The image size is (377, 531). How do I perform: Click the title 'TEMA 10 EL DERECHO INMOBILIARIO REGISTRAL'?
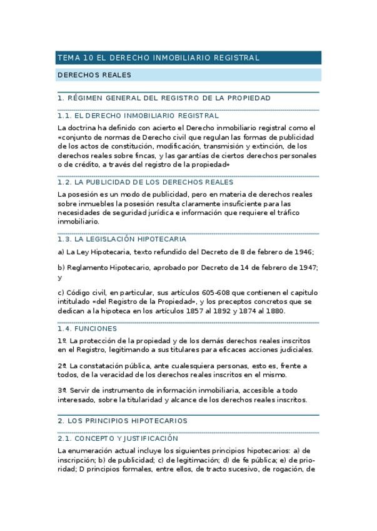pos(158,58)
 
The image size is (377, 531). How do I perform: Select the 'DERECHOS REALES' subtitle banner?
pos(94,75)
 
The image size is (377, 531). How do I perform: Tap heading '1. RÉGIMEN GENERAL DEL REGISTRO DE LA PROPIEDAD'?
pos(164,98)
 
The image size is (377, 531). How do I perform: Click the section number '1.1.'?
pos(64,116)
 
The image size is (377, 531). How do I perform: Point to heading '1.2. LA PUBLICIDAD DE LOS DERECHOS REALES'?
pos(145,182)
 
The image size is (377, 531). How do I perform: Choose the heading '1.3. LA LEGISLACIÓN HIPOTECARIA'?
pos(121,239)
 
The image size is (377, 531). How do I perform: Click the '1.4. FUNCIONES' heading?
pos(86,328)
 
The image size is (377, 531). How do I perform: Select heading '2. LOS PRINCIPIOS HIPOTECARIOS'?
pos(122,421)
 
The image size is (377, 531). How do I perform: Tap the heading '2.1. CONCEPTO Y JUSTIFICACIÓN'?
pos(117,438)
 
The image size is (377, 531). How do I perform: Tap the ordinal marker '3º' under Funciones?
pos(61,390)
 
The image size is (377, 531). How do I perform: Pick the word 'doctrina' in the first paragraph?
pos(84,127)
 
